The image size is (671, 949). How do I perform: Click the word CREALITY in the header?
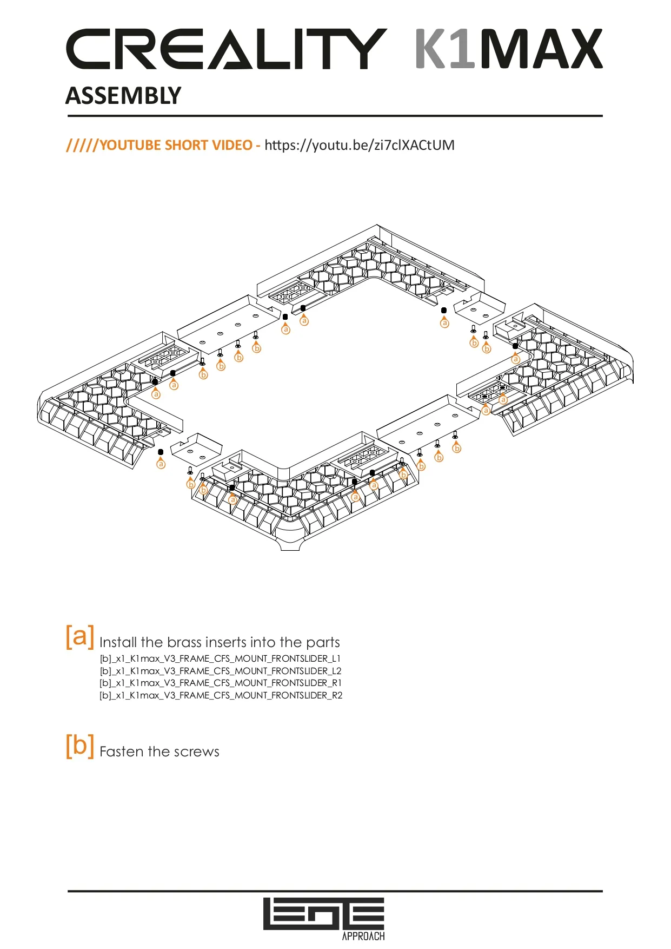[x=226, y=49]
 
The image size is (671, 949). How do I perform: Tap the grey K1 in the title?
[x=444, y=49]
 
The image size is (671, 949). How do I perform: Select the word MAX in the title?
[x=541, y=49]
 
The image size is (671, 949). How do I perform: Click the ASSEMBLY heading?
[x=123, y=96]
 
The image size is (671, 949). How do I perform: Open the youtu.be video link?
[x=359, y=145]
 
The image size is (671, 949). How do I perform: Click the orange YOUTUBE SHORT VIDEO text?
[x=175, y=145]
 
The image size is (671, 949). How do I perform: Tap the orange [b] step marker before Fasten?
[x=79, y=745]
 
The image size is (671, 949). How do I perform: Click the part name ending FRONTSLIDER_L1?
[x=220, y=658]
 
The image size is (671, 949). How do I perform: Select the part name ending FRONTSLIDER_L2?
[x=220, y=671]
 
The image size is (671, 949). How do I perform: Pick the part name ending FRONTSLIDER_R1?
[x=220, y=683]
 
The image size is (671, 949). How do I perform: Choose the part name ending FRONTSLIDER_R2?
[x=220, y=695]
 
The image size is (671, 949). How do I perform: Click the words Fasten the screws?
[x=160, y=752]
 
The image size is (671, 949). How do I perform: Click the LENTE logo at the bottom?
[x=323, y=914]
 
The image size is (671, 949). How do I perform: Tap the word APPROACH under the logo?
[x=363, y=937]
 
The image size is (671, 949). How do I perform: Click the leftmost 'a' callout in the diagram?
[x=156, y=394]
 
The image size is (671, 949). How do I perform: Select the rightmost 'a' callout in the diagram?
[x=516, y=359]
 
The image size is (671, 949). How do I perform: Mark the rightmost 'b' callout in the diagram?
[x=487, y=349]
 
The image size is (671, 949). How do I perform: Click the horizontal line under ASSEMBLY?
[x=335, y=116]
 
